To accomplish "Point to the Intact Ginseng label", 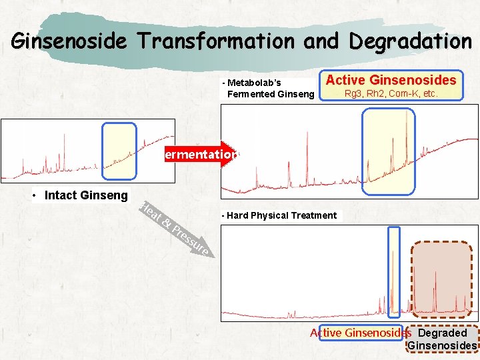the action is click(x=85, y=195).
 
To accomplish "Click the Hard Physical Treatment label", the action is click(x=281, y=215).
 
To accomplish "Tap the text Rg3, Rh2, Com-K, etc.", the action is click(x=391, y=94).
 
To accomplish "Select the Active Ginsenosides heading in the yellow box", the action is click(x=391, y=80).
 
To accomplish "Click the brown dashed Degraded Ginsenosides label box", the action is click(x=442, y=339).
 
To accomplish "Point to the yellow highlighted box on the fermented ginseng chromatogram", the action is click(x=388, y=151).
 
